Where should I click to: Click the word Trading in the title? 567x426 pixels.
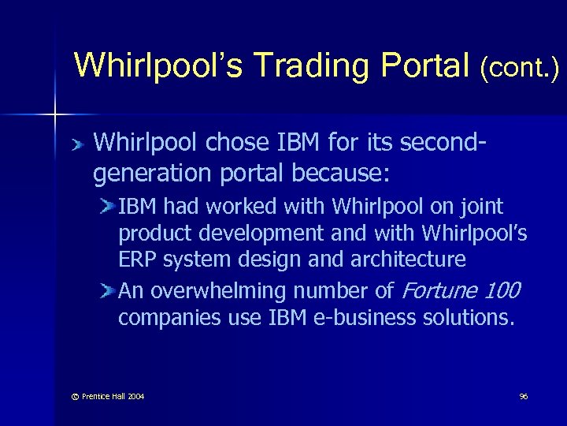(284, 65)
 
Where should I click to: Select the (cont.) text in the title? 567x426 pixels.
(520, 68)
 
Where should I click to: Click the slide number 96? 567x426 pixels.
(523, 396)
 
